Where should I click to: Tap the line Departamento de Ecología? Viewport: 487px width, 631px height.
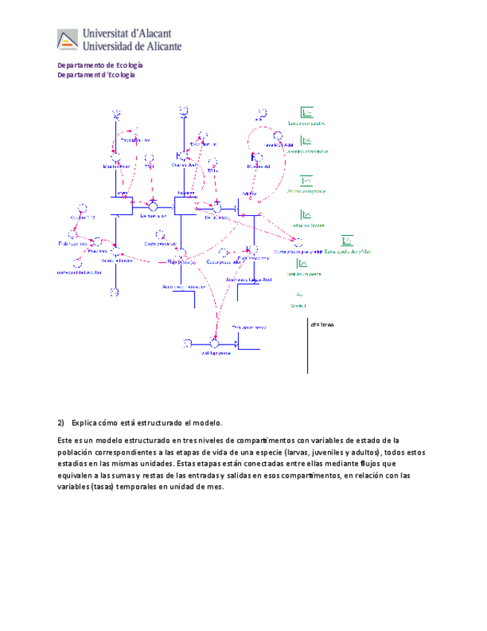[x=100, y=65]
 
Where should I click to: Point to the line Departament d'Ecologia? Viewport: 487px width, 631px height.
[x=97, y=74]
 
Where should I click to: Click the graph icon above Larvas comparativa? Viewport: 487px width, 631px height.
[x=306, y=113]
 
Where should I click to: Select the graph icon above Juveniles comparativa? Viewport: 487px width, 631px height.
[x=306, y=141]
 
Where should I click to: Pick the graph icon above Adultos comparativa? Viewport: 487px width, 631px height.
[x=306, y=180]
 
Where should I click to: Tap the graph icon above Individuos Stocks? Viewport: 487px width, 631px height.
[x=306, y=215]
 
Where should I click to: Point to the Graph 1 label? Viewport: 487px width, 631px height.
[x=298, y=306]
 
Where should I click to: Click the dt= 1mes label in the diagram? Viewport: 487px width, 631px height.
[x=321, y=325]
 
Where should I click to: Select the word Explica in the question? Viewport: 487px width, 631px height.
[x=85, y=422]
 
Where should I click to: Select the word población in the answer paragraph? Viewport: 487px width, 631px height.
[x=75, y=452]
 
